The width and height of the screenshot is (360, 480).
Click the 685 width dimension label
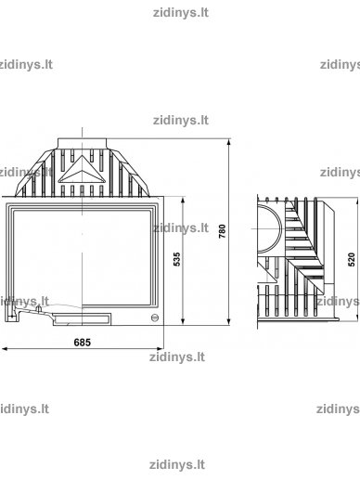point(83,343)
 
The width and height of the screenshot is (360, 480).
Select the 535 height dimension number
point(176,259)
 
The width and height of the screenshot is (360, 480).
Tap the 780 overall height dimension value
point(223,231)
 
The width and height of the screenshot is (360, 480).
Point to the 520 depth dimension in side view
point(352,259)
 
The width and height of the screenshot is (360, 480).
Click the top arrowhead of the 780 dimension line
point(229,142)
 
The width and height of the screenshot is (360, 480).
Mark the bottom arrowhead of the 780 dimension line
point(229,321)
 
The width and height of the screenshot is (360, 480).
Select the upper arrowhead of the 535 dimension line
point(183,200)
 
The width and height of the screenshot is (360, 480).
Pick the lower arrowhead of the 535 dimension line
point(183,321)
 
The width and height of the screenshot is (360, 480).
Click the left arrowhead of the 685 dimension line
point(6,349)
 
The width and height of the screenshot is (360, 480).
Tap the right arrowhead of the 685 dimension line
point(160,349)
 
